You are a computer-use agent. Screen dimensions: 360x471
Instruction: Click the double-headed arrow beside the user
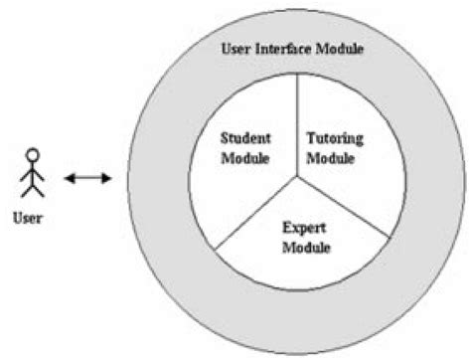87,179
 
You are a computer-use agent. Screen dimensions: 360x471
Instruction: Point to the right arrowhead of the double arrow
106,179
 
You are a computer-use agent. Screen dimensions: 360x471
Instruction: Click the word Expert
297,227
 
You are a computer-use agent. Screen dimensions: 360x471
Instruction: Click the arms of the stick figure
34,171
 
